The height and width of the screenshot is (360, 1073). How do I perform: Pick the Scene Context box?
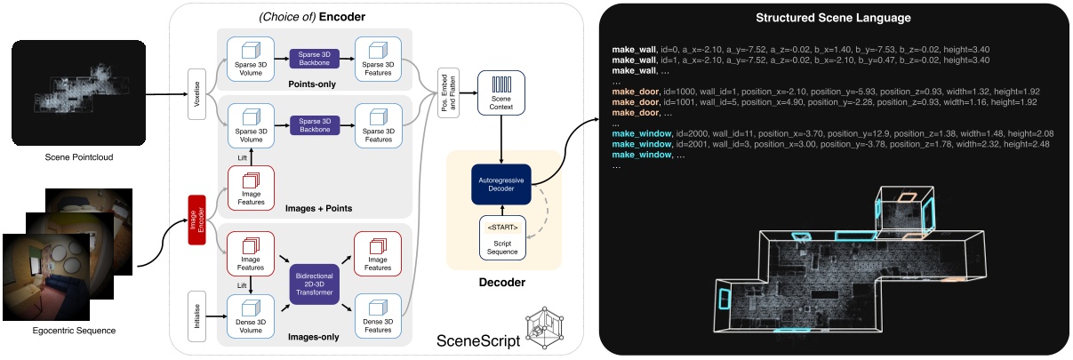point(501,92)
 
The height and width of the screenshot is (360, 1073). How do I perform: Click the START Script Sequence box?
point(501,237)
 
